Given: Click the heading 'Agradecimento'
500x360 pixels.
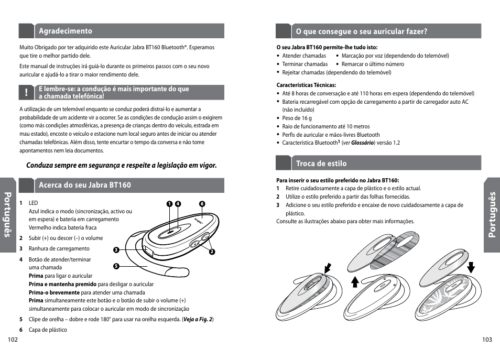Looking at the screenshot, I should pyautogui.click(x=66, y=31).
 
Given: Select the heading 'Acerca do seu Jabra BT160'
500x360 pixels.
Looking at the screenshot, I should pyautogui.click(x=85, y=185).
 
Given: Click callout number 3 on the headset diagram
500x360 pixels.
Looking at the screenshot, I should pyautogui.click(x=116, y=249).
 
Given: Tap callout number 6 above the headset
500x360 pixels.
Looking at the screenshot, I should pyautogui.click(x=201, y=204).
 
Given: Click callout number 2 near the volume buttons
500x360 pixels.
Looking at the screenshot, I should pyautogui.click(x=212, y=252).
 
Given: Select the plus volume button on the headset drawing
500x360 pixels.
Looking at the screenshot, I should pyautogui.click(x=204, y=236).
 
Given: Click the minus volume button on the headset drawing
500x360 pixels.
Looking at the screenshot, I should pyautogui.click(x=195, y=244).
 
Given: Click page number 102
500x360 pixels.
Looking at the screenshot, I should pyautogui.click(x=13, y=340).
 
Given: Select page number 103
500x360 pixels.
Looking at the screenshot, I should pyautogui.click(x=486, y=340).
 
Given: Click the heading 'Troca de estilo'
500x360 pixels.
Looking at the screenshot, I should pyautogui.click(x=321, y=163).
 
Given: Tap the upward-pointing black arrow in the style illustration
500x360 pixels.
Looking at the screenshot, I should pyautogui.click(x=354, y=282).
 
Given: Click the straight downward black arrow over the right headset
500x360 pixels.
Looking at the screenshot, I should pyautogui.click(x=470, y=267).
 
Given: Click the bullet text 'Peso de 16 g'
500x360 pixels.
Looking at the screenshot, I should pyautogui.click(x=297, y=118).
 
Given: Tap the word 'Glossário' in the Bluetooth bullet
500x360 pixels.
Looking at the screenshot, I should pyautogui.click(x=362, y=143).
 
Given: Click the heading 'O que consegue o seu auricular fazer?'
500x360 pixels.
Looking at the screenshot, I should pyautogui.click(x=362, y=31).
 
